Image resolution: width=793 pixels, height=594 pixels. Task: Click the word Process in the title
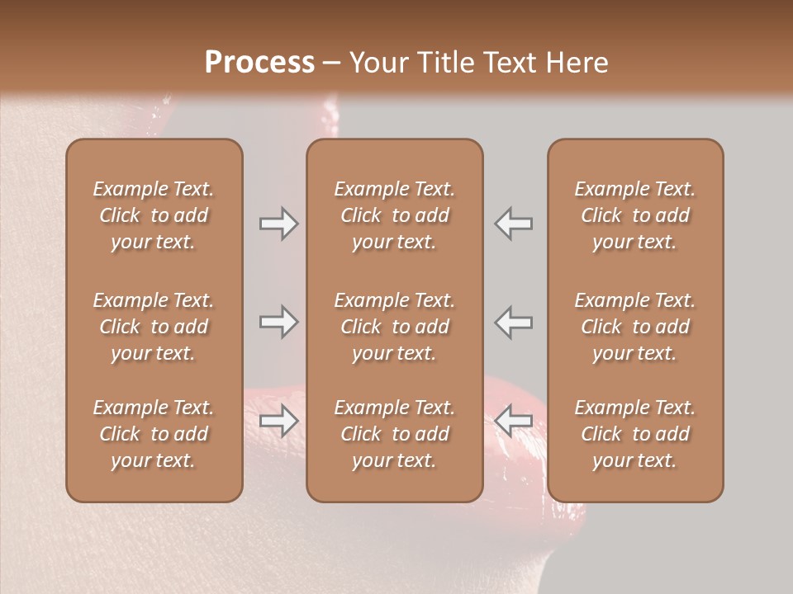coord(259,63)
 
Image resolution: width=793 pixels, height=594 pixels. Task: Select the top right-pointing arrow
coord(279,224)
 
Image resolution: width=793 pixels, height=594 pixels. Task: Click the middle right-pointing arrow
coord(279,322)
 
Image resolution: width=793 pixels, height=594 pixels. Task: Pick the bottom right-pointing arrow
coord(279,421)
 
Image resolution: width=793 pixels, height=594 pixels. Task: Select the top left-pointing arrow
coord(513,224)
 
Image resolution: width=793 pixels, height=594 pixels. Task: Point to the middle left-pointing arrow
coord(513,322)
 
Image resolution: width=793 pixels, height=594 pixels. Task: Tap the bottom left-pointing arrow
coord(513,421)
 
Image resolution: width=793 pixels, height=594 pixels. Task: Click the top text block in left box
coord(154,215)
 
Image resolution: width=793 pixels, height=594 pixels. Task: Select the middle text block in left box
coord(154,327)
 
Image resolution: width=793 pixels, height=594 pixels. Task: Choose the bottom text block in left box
coord(154,434)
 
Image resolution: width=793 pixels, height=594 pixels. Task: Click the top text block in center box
coord(394,215)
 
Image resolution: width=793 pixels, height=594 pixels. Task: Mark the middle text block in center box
coord(394,327)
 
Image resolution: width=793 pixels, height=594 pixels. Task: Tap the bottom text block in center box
coord(394,434)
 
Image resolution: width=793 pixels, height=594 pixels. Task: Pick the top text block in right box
coord(635,215)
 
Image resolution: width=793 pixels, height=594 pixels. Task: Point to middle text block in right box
coord(635,327)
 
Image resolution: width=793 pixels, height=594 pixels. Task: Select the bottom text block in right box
coord(635,434)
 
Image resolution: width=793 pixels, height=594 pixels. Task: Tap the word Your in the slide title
coord(377,63)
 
